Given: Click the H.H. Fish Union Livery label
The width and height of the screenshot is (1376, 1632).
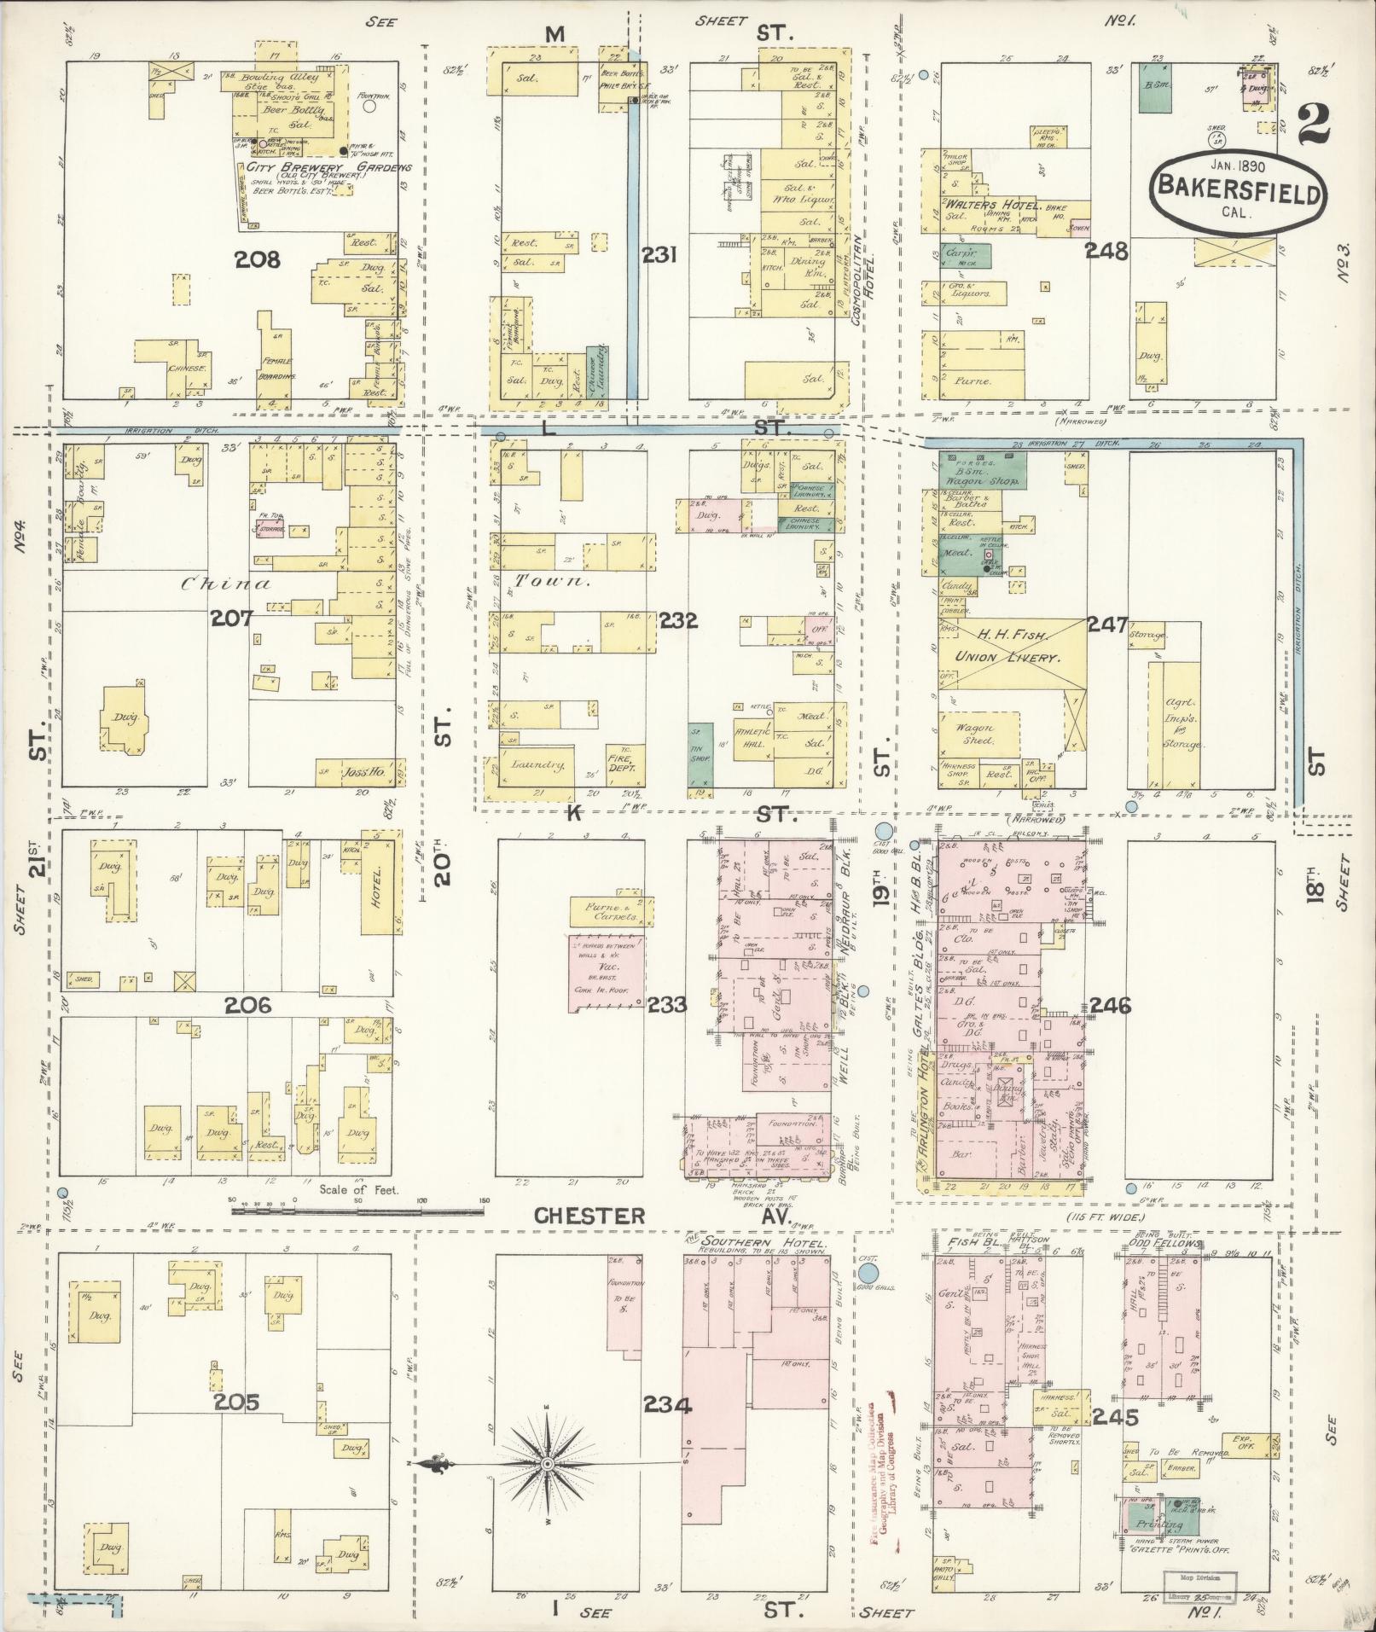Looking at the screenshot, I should coord(1007,646).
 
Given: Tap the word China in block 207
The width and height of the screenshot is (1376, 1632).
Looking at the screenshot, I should coord(227,584).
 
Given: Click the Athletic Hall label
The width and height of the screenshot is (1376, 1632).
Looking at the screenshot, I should coord(754,735).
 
